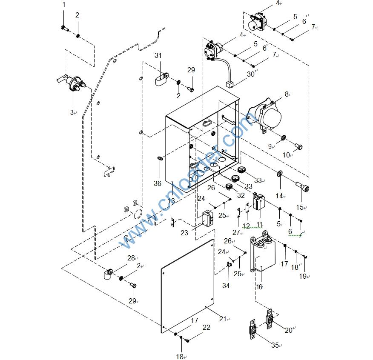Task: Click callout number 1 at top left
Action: [64, 5]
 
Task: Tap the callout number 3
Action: [72, 112]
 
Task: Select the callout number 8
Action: [287, 94]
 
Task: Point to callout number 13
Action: [171, 201]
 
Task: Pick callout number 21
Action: [223, 319]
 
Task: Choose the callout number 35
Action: [275, 345]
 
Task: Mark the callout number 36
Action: [158, 183]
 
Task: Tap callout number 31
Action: [158, 56]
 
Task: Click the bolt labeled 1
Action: [64, 28]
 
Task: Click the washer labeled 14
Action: [280, 174]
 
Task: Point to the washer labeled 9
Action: [283, 138]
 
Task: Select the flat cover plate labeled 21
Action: [187, 285]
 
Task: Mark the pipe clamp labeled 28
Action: [108, 274]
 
